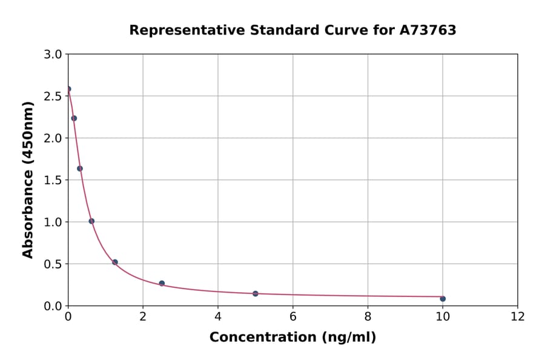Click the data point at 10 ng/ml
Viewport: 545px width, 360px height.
[x=443, y=299]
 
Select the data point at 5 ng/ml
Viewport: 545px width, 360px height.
[x=256, y=293]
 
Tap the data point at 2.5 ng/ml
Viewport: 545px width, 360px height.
[x=162, y=283]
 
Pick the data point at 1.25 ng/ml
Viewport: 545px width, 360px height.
[x=115, y=262]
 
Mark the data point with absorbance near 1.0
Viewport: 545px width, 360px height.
[x=91, y=221]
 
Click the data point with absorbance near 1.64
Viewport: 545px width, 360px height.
[x=80, y=168]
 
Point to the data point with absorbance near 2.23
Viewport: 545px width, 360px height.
[x=74, y=118]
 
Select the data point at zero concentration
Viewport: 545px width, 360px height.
[x=68, y=89]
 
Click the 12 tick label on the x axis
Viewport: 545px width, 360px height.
[x=517, y=316]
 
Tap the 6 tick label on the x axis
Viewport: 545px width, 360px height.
[x=292, y=316]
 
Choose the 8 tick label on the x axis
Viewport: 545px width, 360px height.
[x=368, y=316]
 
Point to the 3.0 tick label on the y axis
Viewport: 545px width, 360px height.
[x=53, y=55]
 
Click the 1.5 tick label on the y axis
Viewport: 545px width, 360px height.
[x=53, y=180]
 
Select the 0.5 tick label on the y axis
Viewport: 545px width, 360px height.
[x=53, y=264]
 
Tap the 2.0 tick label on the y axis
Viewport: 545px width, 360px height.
[x=53, y=138]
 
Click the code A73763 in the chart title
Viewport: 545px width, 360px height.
[x=428, y=30]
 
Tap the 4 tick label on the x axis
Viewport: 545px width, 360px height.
[x=218, y=316]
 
